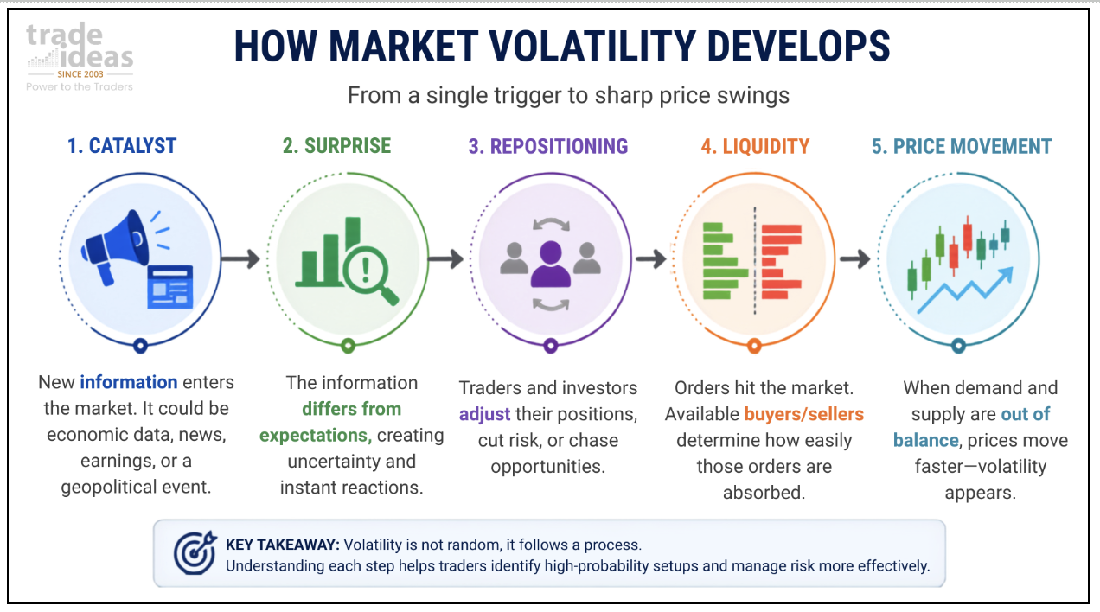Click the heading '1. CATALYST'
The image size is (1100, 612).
pyautogui.click(x=122, y=146)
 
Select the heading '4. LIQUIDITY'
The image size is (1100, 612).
pyautogui.click(x=755, y=146)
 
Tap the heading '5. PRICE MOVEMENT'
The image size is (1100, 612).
pyautogui.click(x=962, y=146)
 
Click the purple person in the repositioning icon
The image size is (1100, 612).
pyautogui.click(x=551, y=264)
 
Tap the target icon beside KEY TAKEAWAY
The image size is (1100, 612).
pyautogui.click(x=195, y=552)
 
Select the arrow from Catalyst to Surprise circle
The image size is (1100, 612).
pyautogui.click(x=240, y=258)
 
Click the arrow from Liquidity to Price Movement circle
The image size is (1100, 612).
pyautogui.click(x=855, y=258)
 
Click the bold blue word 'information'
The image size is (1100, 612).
pyautogui.click(x=129, y=382)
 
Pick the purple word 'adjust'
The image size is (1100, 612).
pyautogui.click(x=484, y=415)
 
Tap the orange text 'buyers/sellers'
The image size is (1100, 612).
pyautogui.click(x=804, y=414)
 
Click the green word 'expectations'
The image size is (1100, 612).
pyautogui.click(x=313, y=436)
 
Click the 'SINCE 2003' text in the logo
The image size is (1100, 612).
pyautogui.click(x=80, y=74)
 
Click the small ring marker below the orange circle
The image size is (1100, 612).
pyautogui.click(x=754, y=346)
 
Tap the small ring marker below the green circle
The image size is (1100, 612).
pyautogui.click(x=348, y=346)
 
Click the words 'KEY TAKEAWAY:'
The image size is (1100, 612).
pyautogui.click(x=283, y=545)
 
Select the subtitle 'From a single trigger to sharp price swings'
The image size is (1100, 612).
pyautogui.click(x=568, y=95)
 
